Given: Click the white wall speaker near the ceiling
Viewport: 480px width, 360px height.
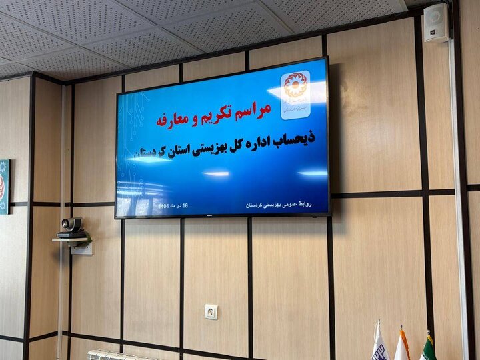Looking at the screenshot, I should tap(436, 23).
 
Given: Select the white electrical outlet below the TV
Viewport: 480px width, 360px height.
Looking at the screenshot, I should tap(211, 311).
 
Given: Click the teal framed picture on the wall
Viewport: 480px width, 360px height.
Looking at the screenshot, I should tap(3, 187).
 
